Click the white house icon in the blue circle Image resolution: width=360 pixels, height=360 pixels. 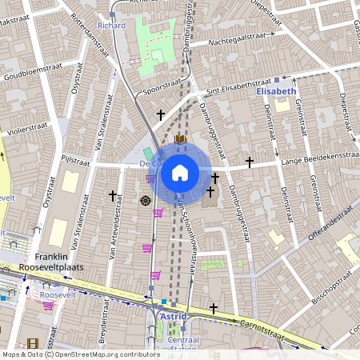[180, 172]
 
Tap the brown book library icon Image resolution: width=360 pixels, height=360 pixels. [179, 139]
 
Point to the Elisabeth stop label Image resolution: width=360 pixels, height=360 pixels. [276, 92]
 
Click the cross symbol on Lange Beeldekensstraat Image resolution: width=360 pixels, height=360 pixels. [250, 162]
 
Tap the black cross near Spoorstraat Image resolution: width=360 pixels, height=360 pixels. [160, 115]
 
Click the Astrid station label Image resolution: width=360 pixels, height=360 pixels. [174, 317]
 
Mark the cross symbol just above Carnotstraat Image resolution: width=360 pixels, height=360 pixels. [214, 307]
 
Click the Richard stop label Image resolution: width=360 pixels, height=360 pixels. [111, 25]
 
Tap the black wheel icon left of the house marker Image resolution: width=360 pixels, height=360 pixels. [146, 200]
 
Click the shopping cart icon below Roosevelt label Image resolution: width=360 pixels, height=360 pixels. [48, 306]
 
